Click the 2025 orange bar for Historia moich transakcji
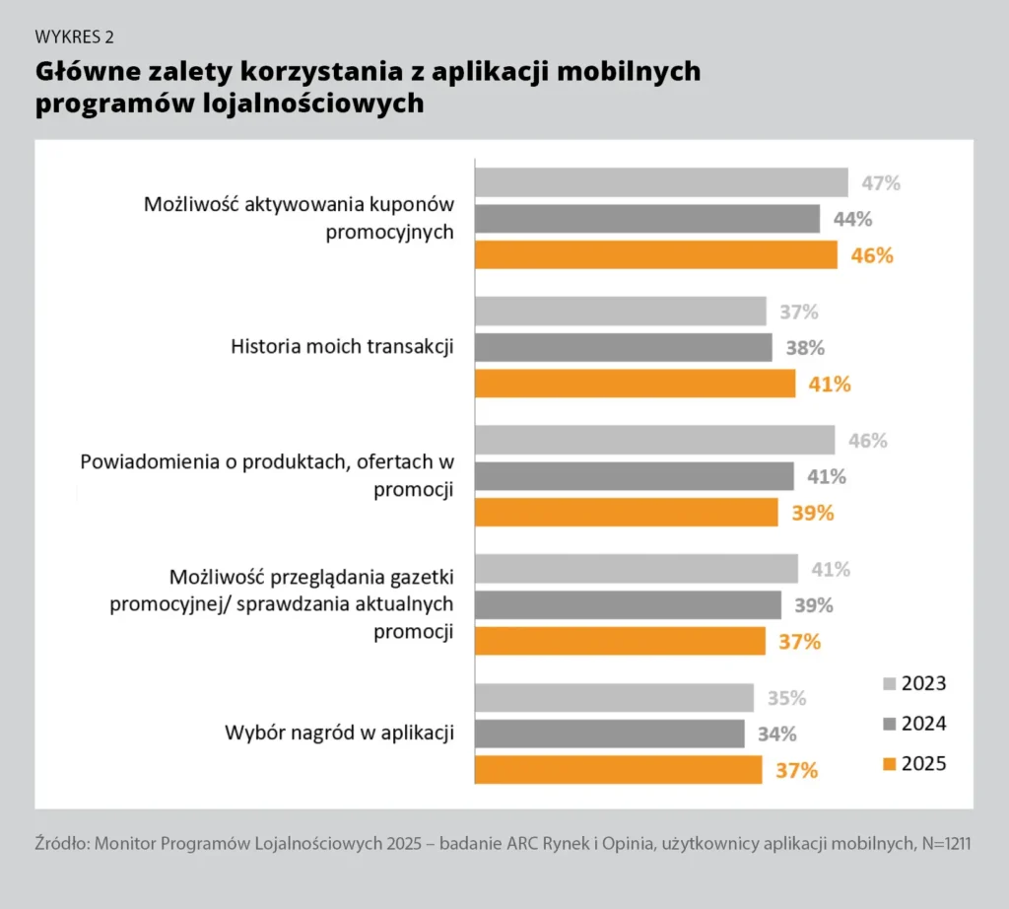click(x=635, y=384)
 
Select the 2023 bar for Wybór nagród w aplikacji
click(x=614, y=698)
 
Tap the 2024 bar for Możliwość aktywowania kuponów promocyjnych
click(x=647, y=219)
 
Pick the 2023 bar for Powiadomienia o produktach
click(x=654, y=440)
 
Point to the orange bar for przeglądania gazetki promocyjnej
click(x=620, y=641)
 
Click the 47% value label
click(x=881, y=182)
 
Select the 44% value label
click(x=852, y=219)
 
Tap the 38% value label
click(x=805, y=347)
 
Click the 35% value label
click(x=786, y=698)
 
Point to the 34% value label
click(x=776, y=734)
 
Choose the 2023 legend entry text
click(x=923, y=683)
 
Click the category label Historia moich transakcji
click(x=342, y=347)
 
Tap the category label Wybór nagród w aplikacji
click(x=339, y=734)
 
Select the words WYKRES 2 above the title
click(x=75, y=37)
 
